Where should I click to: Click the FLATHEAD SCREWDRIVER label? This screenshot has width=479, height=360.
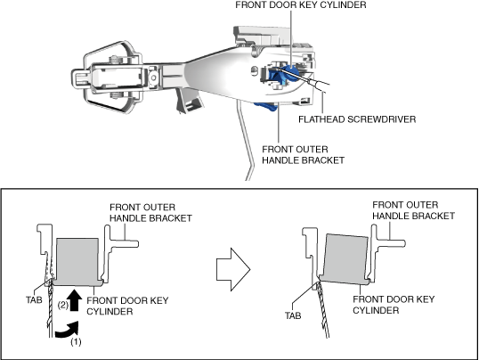[357, 119]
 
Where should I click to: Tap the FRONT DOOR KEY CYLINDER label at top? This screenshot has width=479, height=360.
[301, 4]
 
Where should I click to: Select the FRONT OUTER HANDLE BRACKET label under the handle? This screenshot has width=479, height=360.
[303, 155]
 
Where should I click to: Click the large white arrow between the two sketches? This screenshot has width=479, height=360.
[233, 269]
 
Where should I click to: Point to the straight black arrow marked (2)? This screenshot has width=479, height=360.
[74, 299]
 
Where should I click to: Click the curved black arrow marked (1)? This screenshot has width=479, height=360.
[68, 331]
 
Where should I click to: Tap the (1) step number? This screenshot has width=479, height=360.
[76, 342]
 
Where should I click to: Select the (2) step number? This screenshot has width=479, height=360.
[63, 305]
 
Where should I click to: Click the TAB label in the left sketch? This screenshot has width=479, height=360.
[34, 300]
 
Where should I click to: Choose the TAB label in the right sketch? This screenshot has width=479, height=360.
[293, 315]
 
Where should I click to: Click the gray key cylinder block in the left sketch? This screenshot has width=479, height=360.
[78, 261]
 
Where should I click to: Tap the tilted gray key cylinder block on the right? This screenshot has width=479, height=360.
[345, 259]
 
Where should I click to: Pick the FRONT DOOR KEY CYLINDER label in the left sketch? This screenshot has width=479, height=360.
[127, 306]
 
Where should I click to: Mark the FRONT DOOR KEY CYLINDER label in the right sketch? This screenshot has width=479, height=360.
[394, 305]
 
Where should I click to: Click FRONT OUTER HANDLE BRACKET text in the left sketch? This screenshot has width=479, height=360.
[150, 213]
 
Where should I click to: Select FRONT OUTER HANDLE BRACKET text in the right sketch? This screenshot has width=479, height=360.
[413, 210]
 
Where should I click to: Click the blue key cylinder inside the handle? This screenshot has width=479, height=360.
[282, 74]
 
